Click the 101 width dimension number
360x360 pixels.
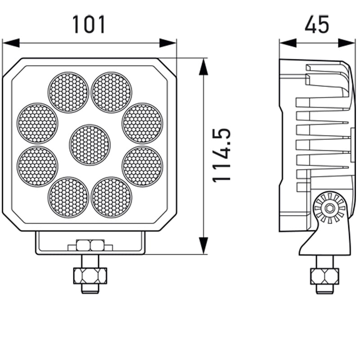point(89,24)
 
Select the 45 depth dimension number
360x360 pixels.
point(317,24)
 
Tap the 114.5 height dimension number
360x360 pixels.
point(221,155)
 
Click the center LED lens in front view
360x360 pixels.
point(90,145)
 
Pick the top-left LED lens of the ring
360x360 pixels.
point(68,92)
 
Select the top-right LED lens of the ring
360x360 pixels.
point(111,92)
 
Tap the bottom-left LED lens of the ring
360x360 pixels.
point(68,197)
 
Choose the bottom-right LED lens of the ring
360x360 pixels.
point(111,197)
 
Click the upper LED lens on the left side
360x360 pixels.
point(37,123)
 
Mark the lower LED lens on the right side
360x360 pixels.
point(143,166)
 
